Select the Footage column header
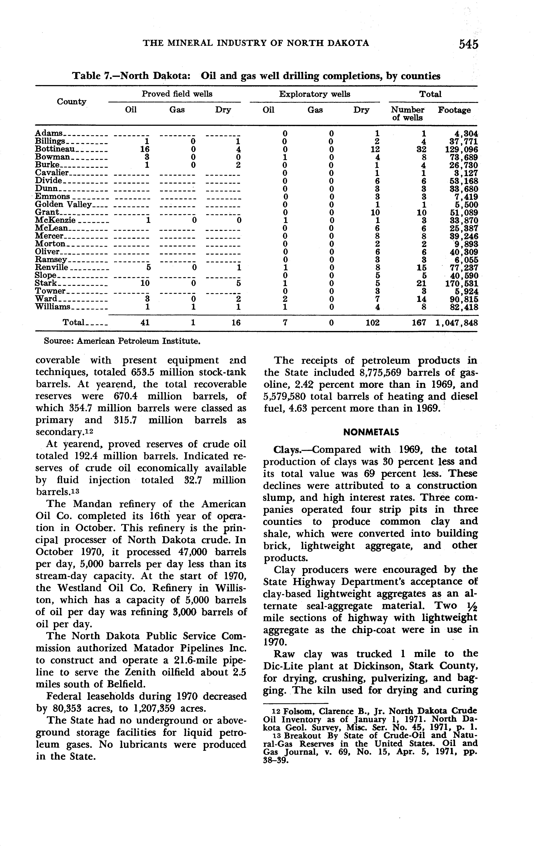click(x=454, y=110)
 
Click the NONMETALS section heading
click(x=371, y=432)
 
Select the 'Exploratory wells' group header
click(x=314, y=94)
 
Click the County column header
click(x=71, y=102)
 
